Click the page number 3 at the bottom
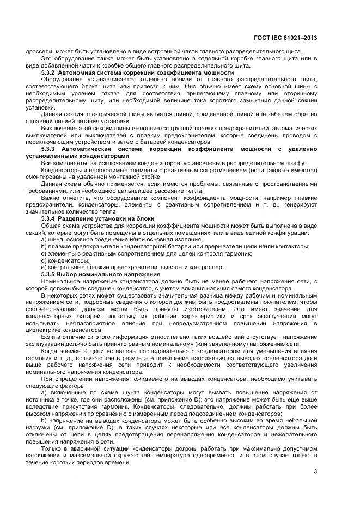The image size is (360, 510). [315, 471]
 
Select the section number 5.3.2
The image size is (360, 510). [50, 72]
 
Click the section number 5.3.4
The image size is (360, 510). [50, 218]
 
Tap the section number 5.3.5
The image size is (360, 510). [50, 274]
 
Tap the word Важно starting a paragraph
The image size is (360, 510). [51, 198]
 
